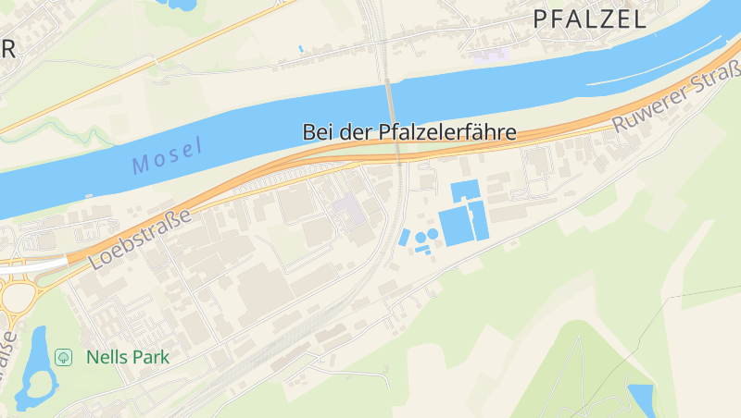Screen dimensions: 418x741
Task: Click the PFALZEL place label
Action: click(590, 19)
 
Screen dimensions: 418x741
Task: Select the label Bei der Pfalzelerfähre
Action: click(409, 132)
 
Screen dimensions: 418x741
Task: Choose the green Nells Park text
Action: click(127, 356)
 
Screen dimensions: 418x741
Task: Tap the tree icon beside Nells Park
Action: click(64, 356)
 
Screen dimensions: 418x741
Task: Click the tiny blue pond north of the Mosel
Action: click(300, 49)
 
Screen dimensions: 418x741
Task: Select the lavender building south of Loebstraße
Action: click(350, 210)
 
